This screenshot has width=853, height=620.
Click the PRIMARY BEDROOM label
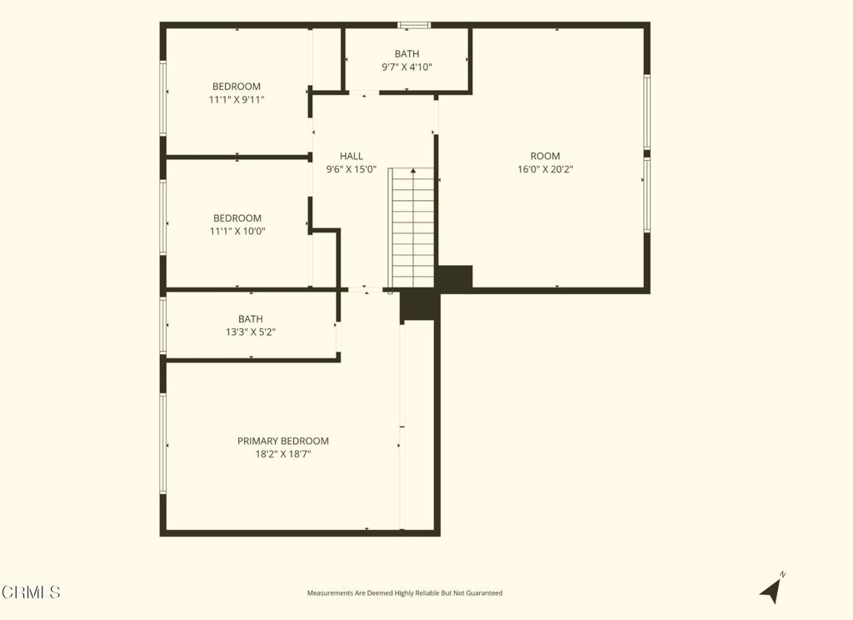pyautogui.click(x=283, y=441)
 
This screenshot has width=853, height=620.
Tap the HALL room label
pyautogui.click(x=352, y=156)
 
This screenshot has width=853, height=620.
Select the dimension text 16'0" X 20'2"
pyautogui.click(x=545, y=169)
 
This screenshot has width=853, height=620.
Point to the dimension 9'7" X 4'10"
pyautogui.click(x=407, y=67)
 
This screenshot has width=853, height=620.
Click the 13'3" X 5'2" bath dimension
pyautogui.click(x=251, y=332)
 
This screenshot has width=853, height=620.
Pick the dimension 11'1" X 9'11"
pyautogui.click(x=237, y=100)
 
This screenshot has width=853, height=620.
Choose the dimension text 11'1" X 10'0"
pyautogui.click(x=237, y=232)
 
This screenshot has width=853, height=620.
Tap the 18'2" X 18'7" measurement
pyautogui.click(x=283, y=454)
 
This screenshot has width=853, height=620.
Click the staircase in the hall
pyautogui.click(x=412, y=227)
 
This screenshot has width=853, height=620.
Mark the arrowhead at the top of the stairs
pyautogui.click(x=413, y=171)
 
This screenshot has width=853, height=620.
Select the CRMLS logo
pyautogui.click(x=31, y=592)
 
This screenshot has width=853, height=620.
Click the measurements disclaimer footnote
pyautogui.click(x=405, y=593)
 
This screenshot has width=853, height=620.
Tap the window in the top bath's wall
pyautogui.click(x=414, y=25)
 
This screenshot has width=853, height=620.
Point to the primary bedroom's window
pyautogui.click(x=162, y=443)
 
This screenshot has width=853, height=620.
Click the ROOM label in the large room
pyautogui.click(x=545, y=156)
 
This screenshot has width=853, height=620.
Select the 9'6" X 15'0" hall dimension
pyautogui.click(x=352, y=169)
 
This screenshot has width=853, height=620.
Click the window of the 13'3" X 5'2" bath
pyautogui.click(x=162, y=326)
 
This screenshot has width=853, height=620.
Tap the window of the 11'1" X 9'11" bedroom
pyautogui.click(x=162, y=98)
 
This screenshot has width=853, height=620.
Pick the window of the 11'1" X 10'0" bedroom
pyautogui.click(x=162, y=217)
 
